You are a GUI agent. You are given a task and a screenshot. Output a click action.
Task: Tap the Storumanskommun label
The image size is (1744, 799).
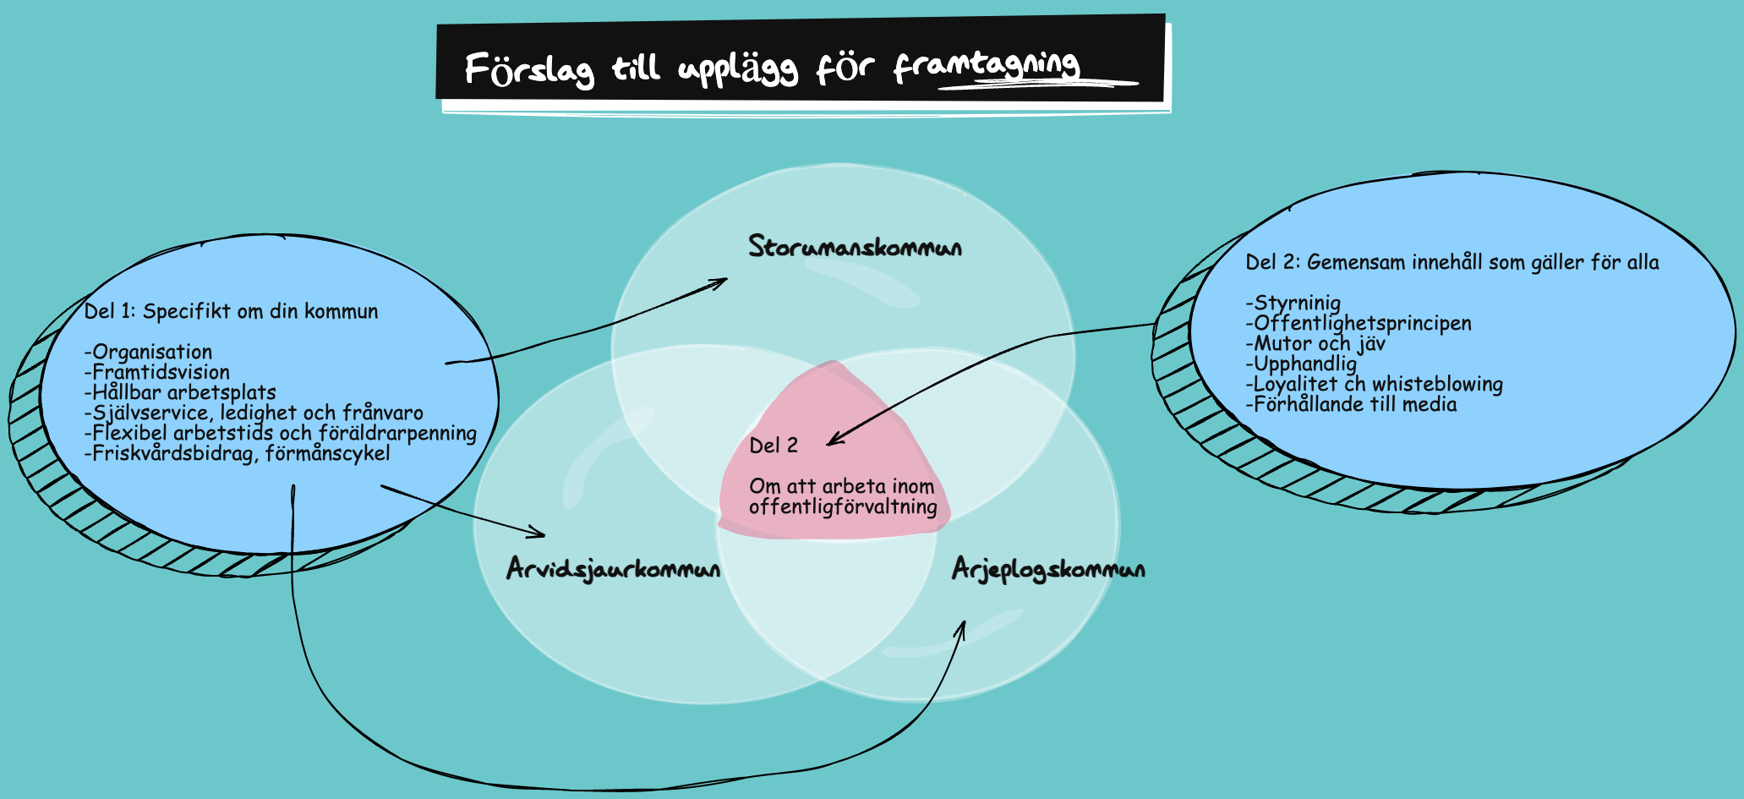tap(855, 247)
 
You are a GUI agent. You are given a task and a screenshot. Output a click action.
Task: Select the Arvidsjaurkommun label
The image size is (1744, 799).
tap(613, 569)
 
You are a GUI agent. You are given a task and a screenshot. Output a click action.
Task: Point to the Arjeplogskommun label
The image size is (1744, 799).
tap(1048, 569)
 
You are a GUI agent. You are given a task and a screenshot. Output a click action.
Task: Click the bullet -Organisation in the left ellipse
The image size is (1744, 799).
tap(149, 352)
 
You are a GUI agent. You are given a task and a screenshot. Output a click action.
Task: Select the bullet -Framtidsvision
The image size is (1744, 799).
tap(157, 372)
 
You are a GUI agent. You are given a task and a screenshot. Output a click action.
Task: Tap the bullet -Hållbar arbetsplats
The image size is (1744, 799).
tap(180, 392)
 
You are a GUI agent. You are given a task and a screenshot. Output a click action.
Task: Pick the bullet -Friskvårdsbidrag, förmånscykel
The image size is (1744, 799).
tap(238, 453)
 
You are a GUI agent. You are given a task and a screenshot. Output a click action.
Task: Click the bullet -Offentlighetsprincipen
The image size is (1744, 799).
tap(1359, 323)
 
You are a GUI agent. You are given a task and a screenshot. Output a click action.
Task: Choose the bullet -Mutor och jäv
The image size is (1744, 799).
tap(1315, 343)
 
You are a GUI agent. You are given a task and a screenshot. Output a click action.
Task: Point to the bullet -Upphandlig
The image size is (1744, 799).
tap(1301, 364)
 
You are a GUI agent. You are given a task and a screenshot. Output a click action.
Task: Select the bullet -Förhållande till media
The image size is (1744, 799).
tap(1351, 404)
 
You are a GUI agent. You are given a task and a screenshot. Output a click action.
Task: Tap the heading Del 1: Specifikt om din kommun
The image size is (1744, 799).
tap(231, 311)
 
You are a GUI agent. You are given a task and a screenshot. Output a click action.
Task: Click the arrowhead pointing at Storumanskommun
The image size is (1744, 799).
tap(721, 282)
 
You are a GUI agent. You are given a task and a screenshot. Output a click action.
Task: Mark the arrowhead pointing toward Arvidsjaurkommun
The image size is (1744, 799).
tap(539, 534)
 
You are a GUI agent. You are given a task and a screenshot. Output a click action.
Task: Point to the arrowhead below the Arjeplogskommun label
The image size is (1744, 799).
tap(962, 628)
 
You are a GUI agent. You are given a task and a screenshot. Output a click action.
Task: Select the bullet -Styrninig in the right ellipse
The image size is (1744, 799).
tap(1293, 303)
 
